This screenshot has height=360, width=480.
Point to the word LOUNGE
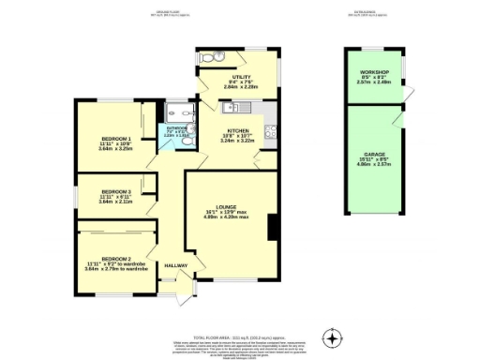pyautogui.click(x=225, y=206)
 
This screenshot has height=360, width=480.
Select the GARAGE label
pyautogui.click(x=374, y=152)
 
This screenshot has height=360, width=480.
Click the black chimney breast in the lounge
pyautogui.click(x=271, y=228)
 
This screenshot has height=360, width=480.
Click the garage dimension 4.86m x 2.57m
pyautogui.click(x=374, y=163)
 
